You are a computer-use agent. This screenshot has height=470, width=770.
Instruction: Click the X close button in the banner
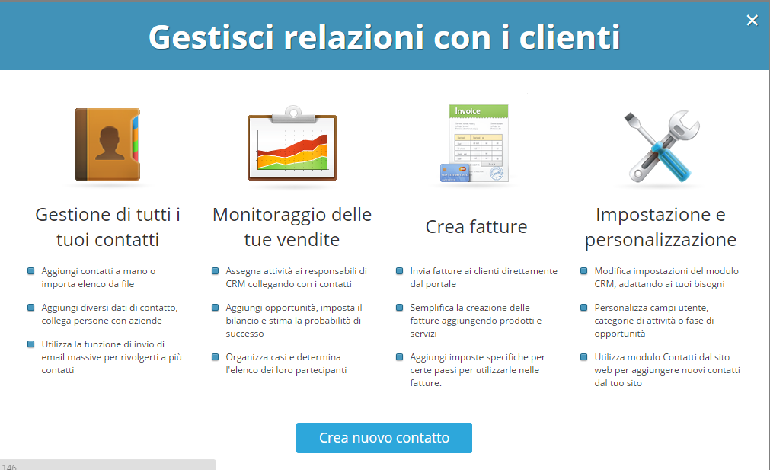pyautogui.click(x=752, y=20)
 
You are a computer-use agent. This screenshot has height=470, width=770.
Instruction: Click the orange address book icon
pyautogui.click(x=107, y=145)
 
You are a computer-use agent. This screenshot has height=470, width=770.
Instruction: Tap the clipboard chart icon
pyautogui.click(x=292, y=143)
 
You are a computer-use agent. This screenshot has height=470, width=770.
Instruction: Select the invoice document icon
pyautogui.click(x=474, y=143)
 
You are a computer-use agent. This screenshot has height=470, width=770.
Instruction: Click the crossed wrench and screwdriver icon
pyautogui.click(x=661, y=145)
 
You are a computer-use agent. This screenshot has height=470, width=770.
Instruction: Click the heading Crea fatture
pyautogui.click(x=476, y=227)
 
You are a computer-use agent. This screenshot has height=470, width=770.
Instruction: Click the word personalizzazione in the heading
pyautogui.click(x=660, y=240)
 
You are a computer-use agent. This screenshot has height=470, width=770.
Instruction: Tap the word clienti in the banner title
pyautogui.click(x=570, y=37)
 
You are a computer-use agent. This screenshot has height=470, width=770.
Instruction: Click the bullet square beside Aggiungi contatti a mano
pyautogui.click(x=30, y=271)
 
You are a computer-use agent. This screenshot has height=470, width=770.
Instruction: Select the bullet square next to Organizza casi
pyautogui.click(x=215, y=357)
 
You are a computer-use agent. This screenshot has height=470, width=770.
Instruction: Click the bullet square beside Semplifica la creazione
pyautogui.click(x=399, y=308)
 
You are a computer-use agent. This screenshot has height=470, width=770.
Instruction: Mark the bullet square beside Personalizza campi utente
pyautogui.click(x=584, y=308)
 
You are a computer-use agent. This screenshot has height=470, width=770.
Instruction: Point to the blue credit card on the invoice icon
pyautogui.click(x=455, y=173)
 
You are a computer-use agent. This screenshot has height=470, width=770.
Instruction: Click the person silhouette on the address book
pyautogui.click(x=109, y=143)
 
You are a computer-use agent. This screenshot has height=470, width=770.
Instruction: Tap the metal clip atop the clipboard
pyautogui.click(x=293, y=115)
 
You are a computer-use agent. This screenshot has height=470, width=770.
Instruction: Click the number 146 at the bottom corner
pyautogui.click(x=9, y=466)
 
